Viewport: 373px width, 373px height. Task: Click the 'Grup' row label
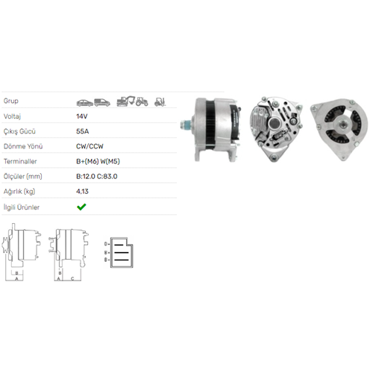11,101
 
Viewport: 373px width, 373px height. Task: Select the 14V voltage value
82,116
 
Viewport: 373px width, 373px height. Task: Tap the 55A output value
83,131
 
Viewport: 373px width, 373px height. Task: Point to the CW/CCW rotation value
90,146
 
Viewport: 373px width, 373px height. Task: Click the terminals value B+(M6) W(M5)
98,161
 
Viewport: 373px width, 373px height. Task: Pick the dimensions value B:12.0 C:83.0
97,176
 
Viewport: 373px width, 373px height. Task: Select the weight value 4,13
82,192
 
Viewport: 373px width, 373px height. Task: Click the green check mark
81,207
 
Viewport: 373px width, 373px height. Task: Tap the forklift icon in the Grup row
160,102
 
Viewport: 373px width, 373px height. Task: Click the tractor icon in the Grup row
142,101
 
